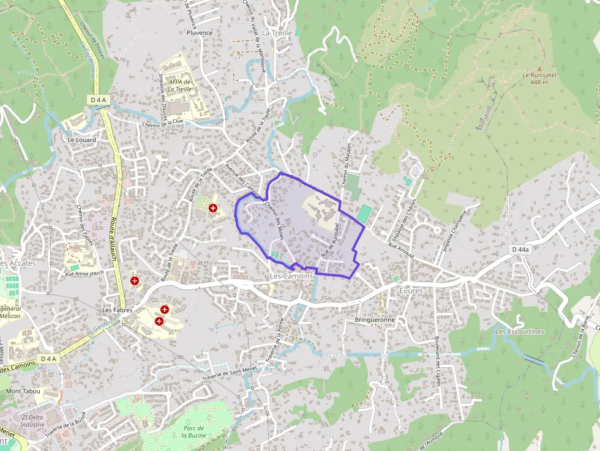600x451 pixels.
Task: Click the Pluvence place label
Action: [200, 33]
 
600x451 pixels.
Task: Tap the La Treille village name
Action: [277, 32]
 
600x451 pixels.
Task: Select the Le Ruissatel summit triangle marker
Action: [539, 69]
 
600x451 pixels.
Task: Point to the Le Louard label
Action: [81, 140]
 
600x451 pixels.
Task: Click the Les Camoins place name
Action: [291, 276]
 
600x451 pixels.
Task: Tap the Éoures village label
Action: [410, 291]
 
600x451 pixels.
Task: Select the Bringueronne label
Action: [375, 320]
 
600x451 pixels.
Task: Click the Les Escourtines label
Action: [519, 332]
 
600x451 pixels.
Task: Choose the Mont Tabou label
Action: [22, 390]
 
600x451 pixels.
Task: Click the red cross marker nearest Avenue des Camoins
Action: [213, 208]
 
